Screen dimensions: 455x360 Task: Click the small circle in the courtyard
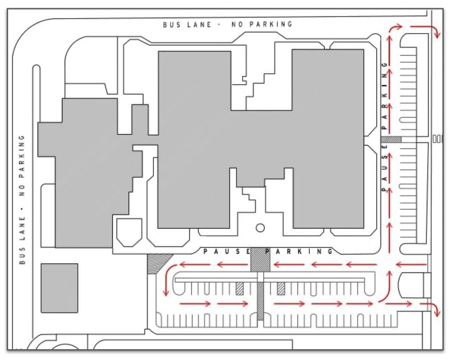pos(260,228)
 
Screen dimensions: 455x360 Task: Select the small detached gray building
pos(60,288)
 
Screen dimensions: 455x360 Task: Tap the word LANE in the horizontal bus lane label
pos(199,25)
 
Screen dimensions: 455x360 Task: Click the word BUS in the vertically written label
pos(23,256)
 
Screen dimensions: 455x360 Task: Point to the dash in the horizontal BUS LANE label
pos(220,25)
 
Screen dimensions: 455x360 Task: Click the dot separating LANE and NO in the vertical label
pos(23,208)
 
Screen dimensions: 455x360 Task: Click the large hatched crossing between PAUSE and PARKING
pos(260,260)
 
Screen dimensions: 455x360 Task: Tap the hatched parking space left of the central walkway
pos(239,289)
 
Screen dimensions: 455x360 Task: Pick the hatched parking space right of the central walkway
pos(281,289)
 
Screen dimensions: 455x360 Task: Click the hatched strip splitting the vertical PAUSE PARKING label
pos(391,139)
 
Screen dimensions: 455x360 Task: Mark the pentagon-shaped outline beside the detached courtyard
pos(129,233)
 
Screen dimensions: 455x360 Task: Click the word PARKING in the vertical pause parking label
pos(385,95)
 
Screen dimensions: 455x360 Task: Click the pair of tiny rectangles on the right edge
pos(437,139)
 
